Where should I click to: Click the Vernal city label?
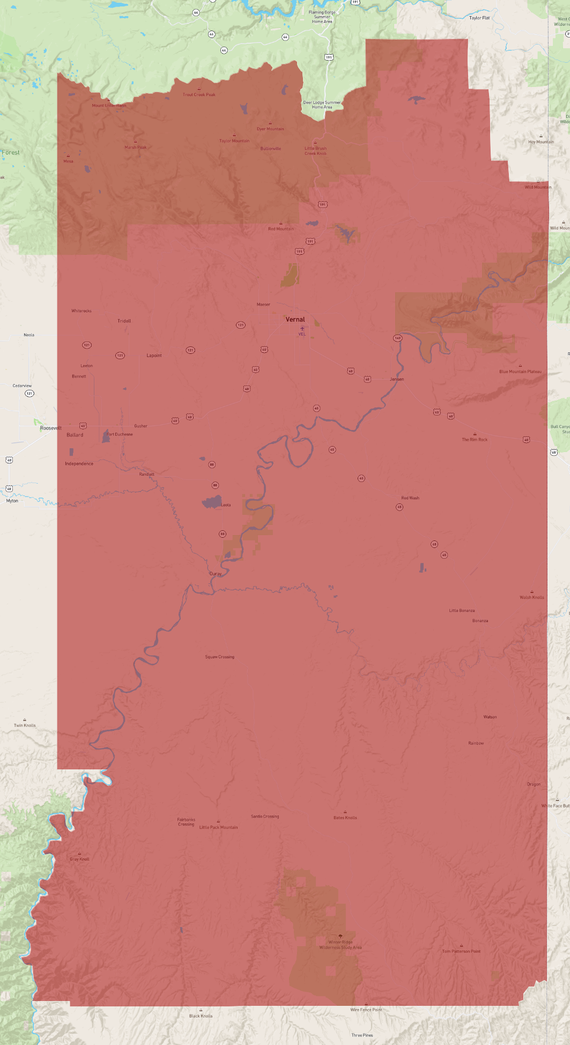point(295,320)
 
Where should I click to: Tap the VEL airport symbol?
point(302,329)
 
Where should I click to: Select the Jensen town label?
point(397,379)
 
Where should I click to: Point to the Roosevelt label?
point(51,428)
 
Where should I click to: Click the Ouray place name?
point(216,574)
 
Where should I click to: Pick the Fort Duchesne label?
point(120,434)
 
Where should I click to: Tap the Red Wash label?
point(410,498)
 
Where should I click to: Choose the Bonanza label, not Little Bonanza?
point(480,621)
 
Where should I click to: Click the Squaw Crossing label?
point(219,657)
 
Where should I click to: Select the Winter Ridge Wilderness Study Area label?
point(340,945)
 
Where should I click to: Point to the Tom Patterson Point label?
point(461,951)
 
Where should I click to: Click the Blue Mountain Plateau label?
point(520,372)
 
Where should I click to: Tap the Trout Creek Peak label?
point(199,95)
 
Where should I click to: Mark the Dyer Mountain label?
point(270,129)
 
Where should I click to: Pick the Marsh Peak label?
point(135,147)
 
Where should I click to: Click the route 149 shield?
point(397,338)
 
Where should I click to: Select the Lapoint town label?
point(154,355)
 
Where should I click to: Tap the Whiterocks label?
point(82,311)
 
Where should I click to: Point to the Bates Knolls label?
point(345,818)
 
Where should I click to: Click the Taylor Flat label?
point(479,18)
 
